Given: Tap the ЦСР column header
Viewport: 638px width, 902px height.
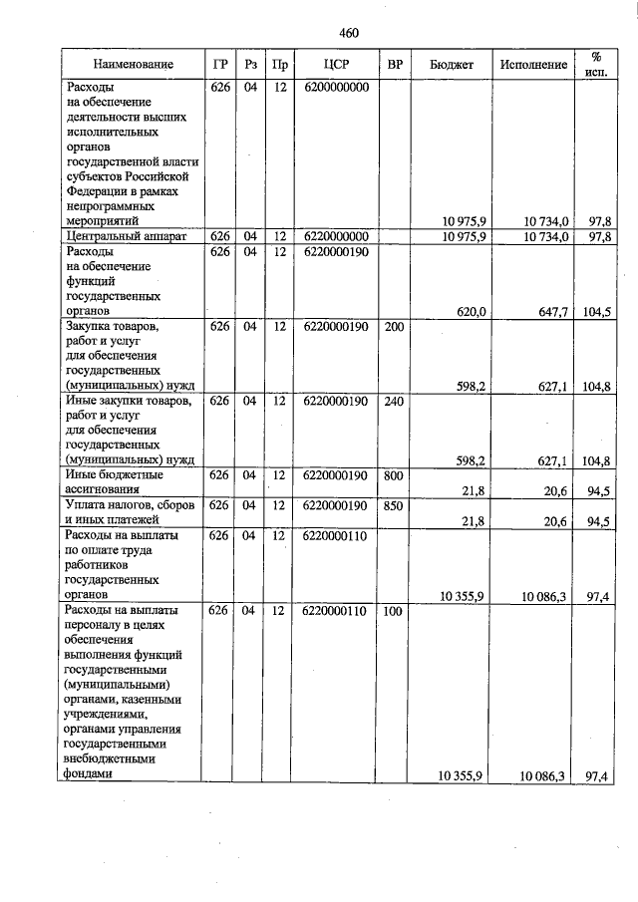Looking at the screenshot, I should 334,65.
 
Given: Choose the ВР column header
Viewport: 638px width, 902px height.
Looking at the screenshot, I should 395,65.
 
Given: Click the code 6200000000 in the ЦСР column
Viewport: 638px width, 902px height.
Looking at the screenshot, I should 334,88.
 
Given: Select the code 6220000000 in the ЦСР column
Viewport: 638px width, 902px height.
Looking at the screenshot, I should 334,236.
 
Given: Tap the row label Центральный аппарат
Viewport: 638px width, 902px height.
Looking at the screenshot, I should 120,236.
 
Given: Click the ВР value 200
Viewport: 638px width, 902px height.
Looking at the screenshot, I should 395,326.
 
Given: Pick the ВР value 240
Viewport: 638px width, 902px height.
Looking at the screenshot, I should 395,401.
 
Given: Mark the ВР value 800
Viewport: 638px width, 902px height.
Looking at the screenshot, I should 395,474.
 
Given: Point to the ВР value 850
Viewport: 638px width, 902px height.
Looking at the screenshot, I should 395,505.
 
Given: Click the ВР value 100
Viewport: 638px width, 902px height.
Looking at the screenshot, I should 395,610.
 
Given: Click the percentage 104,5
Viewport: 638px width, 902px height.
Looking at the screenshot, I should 597,312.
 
